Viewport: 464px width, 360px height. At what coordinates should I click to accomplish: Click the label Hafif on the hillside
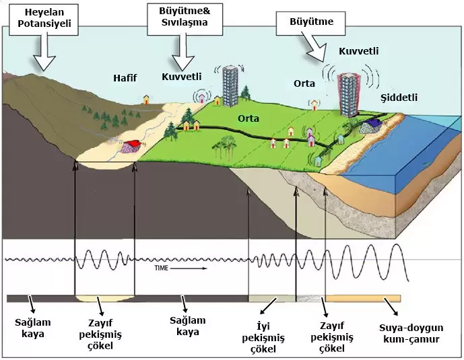(125, 78)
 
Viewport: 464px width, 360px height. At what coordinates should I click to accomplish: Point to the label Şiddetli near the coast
(398, 98)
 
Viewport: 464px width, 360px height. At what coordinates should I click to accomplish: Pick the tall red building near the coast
(350, 94)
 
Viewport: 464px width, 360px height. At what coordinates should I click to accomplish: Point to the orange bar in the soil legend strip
(363, 298)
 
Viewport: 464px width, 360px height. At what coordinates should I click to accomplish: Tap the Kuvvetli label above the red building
(358, 51)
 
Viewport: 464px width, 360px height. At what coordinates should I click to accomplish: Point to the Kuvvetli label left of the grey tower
(182, 76)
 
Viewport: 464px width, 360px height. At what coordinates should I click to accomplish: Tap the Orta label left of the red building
(304, 83)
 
